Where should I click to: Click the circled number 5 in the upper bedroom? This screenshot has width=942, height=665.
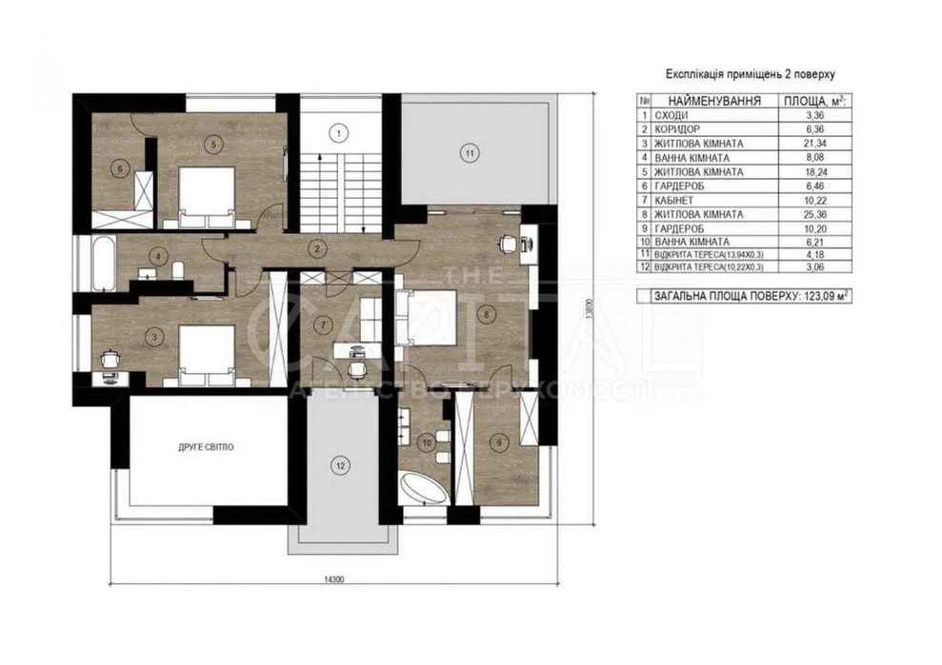(213, 145)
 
